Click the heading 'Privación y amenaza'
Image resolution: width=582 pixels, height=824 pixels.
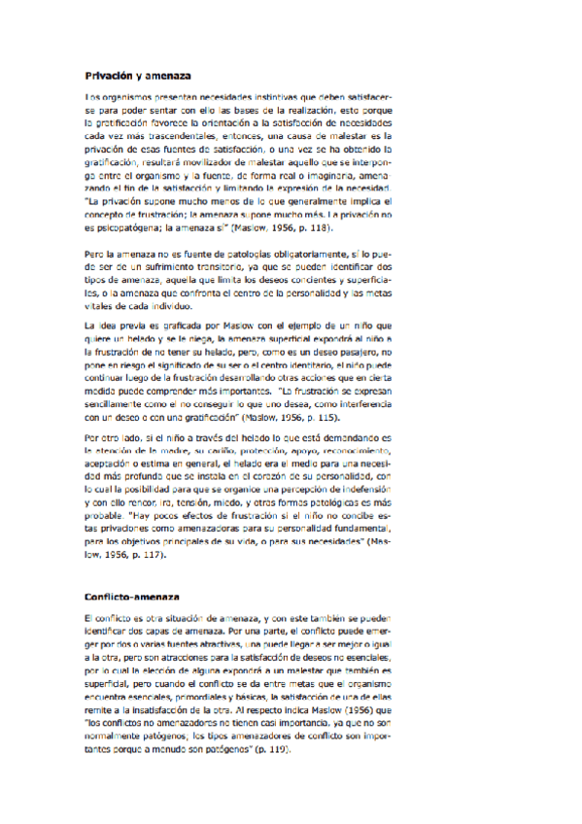coord(138,75)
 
